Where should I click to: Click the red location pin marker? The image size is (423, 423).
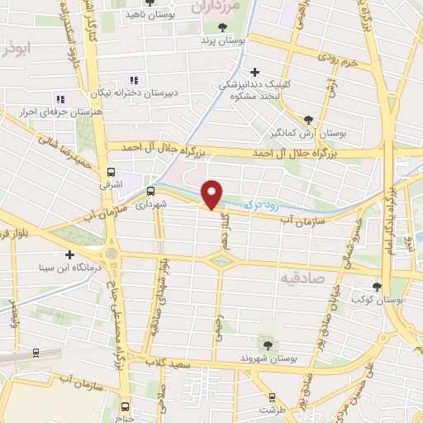tap(213, 194)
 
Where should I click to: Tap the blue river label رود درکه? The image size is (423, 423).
tap(262, 202)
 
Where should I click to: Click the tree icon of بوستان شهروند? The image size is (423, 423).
tap(268, 344)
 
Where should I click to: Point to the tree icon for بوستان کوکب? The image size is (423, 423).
tap(377, 287)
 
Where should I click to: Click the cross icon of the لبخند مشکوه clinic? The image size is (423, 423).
tap(255, 73)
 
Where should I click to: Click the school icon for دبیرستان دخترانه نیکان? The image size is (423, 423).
tap(133, 80)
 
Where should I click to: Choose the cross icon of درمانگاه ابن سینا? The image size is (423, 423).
tap(70, 254)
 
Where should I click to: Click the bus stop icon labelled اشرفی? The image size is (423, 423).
tap(111, 172)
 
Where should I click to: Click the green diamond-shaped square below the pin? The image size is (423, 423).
tap(221, 262)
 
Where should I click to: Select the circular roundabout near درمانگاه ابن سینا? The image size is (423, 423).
tap(112, 251)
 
